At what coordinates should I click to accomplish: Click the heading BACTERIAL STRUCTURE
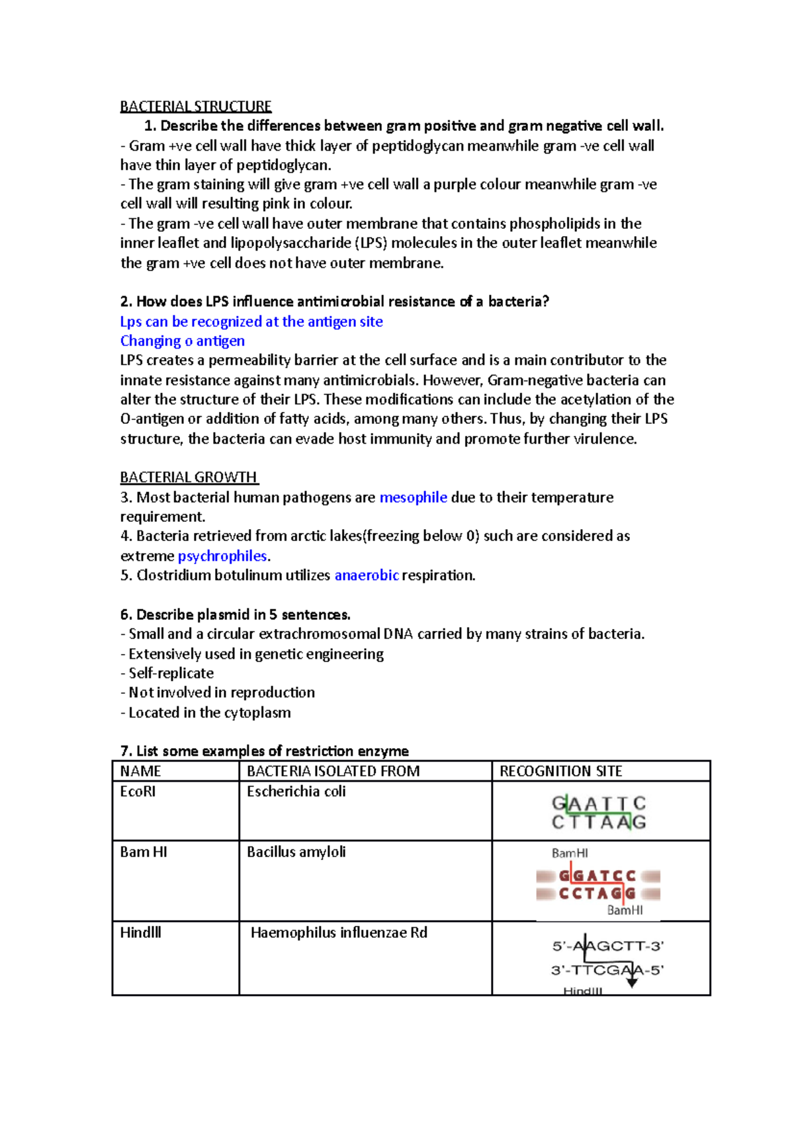[196, 106]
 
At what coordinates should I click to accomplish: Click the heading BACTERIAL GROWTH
[189, 477]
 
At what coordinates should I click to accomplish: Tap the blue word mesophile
[413, 497]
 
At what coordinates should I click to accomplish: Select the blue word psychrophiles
[222, 556]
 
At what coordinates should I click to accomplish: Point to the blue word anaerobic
[367, 575]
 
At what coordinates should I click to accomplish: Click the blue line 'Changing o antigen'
[183, 341]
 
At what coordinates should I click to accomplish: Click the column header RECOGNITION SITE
[560, 771]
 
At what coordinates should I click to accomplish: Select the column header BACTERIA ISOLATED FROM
[333, 771]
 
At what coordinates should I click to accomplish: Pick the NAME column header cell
[140, 771]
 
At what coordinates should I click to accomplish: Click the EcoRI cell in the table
[138, 792]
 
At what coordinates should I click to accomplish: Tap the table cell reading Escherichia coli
[296, 792]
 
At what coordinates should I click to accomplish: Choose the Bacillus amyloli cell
[296, 852]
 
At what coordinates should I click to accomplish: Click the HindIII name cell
[140, 933]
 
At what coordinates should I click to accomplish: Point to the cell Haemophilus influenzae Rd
[339, 933]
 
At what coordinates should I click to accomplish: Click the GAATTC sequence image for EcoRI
[599, 813]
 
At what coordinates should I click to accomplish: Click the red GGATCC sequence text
[597, 876]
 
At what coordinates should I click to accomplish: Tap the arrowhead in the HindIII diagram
[632, 983]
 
